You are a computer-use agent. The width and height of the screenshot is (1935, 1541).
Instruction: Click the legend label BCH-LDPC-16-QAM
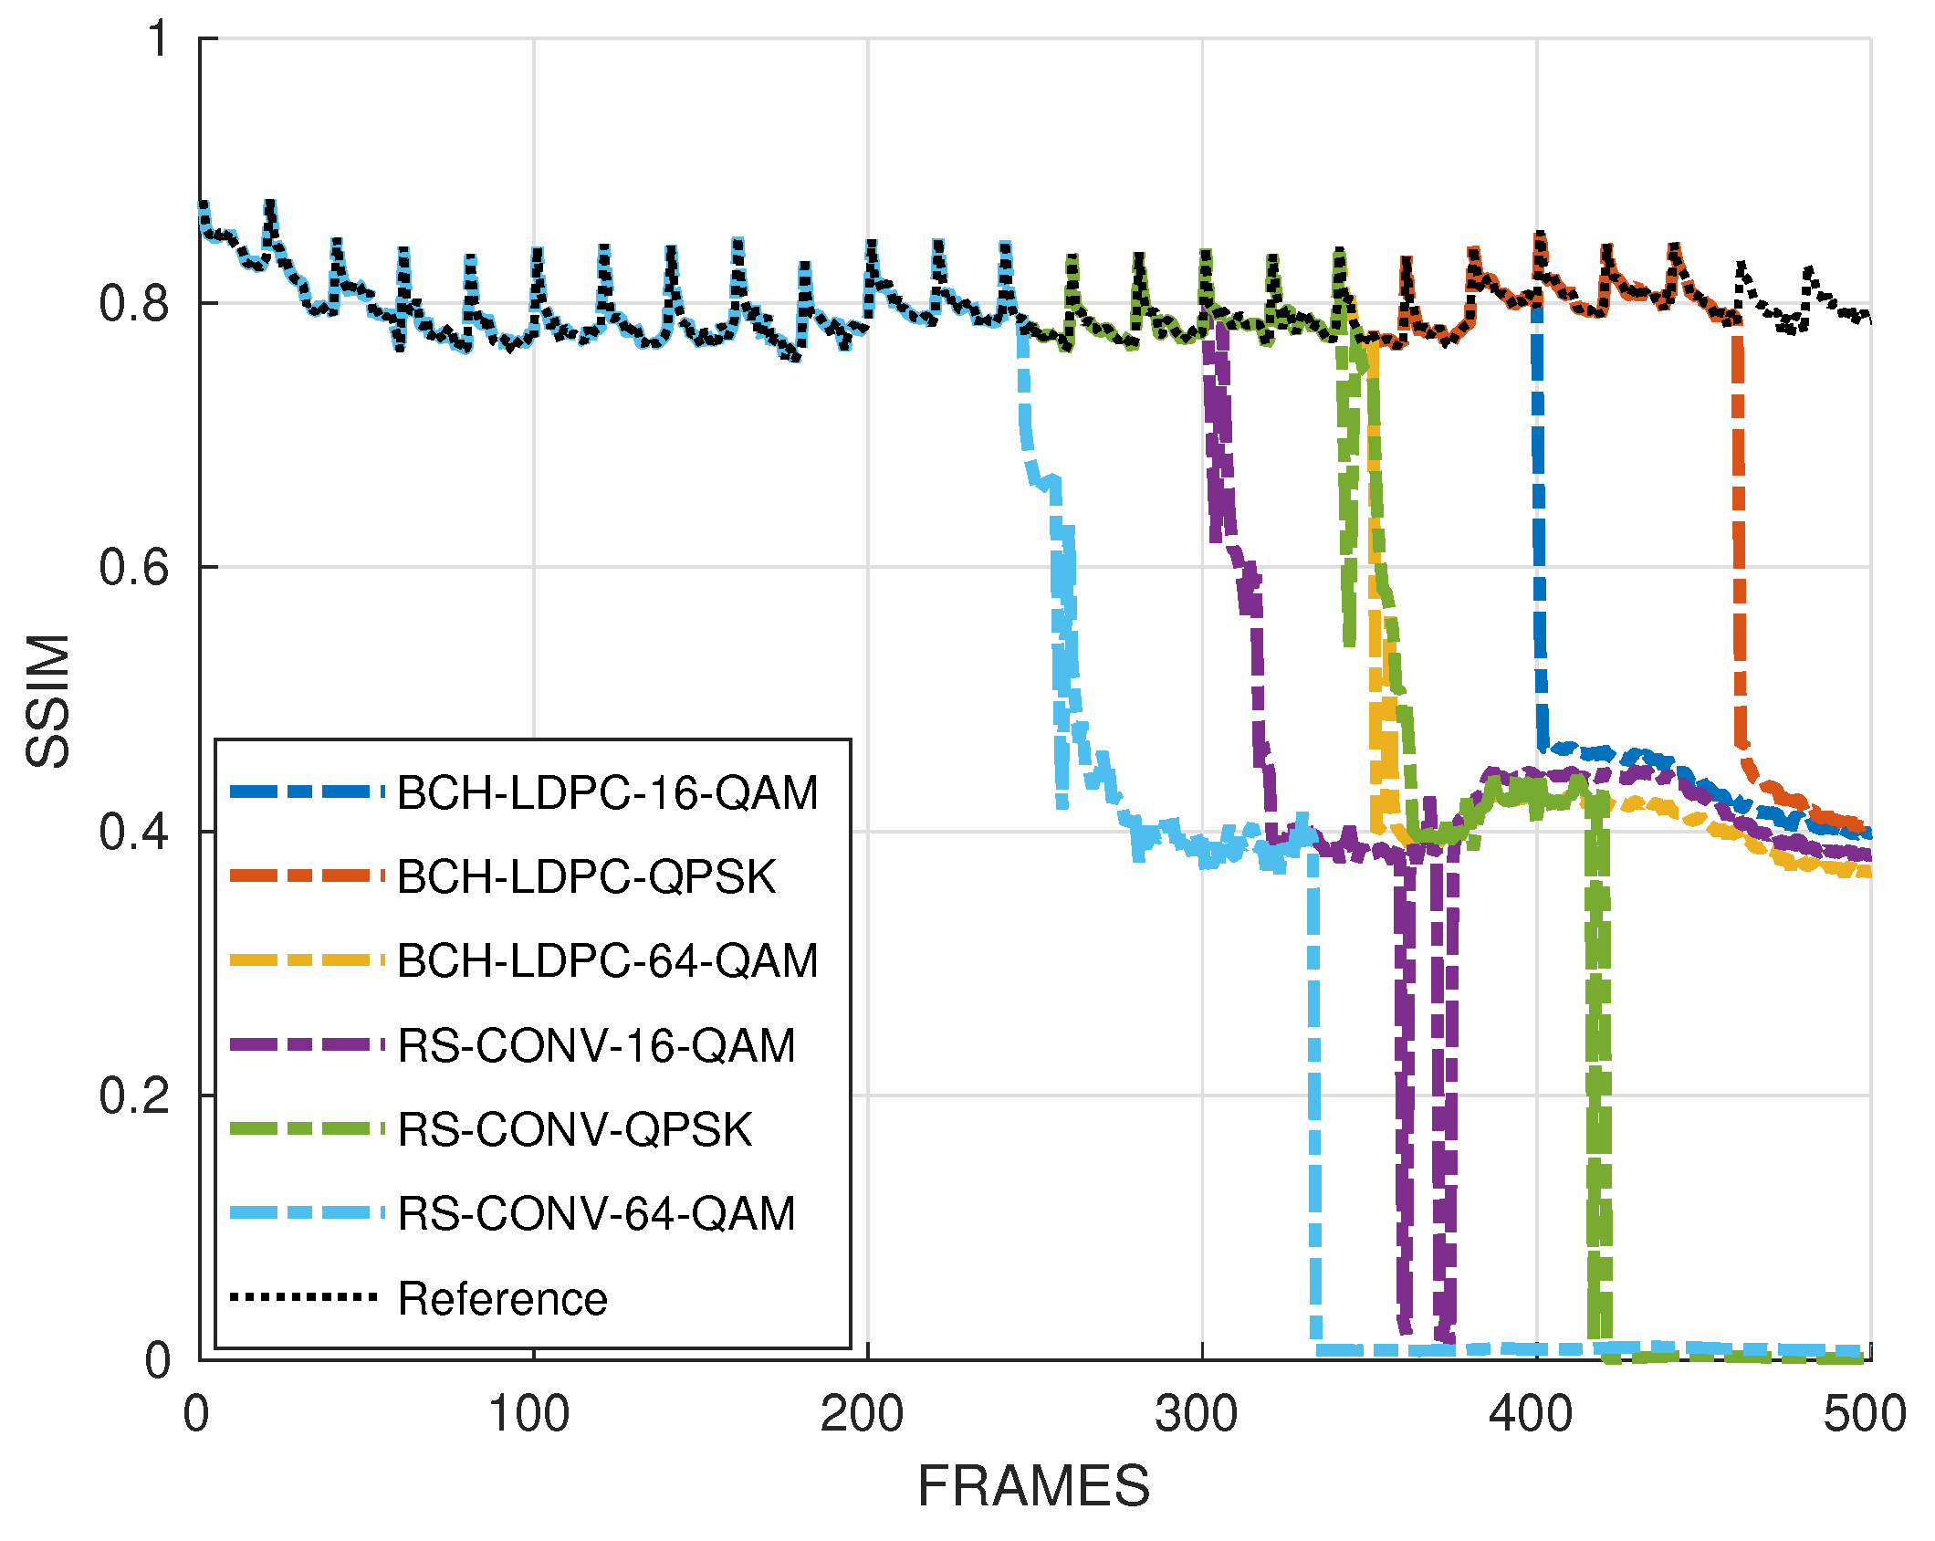coord(607,793)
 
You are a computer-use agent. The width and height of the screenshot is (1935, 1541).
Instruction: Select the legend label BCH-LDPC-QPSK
coord(586,877)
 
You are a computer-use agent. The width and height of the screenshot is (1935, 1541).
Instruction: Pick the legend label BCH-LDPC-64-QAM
coord(607,961)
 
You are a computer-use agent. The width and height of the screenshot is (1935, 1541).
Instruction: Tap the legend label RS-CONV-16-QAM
coord(596,1046)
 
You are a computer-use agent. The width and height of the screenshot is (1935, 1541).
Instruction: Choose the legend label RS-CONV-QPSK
coord(575,1130)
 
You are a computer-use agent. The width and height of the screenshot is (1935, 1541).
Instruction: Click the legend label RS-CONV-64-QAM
coord(596,1214)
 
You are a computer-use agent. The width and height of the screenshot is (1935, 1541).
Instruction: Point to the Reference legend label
coord(502,1299)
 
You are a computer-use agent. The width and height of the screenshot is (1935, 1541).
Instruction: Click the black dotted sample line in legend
coord(304,1297)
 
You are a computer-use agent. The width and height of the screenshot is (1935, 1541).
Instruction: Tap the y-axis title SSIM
coord(47,700)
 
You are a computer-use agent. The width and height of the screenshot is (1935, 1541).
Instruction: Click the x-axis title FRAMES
coord(1033,1486)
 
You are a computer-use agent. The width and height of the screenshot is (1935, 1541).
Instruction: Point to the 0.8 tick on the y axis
coord(134,304)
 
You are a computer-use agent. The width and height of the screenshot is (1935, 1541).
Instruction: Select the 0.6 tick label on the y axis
coord(134,568)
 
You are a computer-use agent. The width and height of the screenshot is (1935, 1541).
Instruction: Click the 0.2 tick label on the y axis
coord(134,1095)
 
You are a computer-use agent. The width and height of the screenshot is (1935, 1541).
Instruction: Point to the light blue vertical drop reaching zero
coord(1313,1095)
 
